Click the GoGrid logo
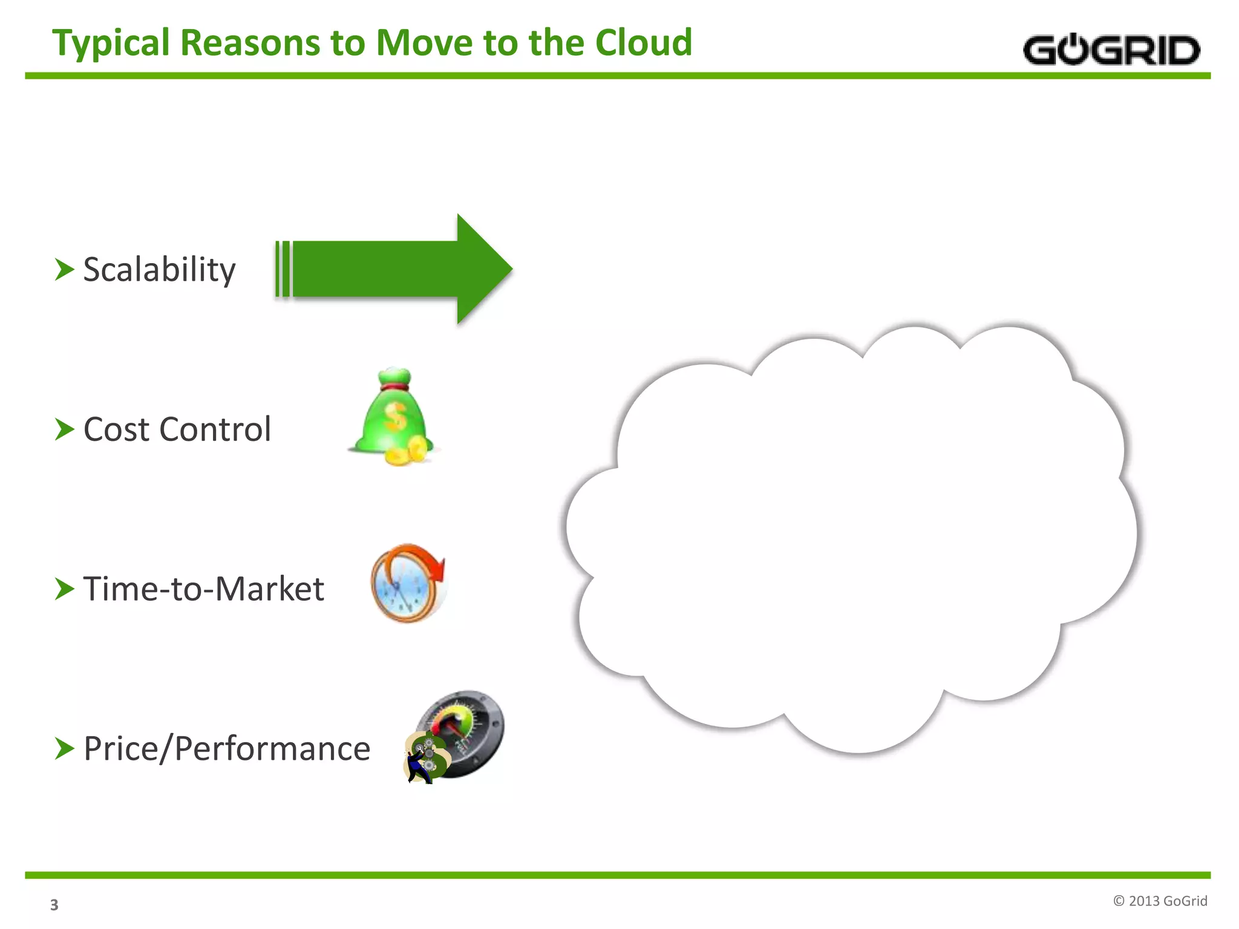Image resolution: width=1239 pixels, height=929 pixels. tap(1111, 50)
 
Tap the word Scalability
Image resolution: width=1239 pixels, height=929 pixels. tap(159, 270)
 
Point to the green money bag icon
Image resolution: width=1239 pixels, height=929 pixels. tap(391, 414)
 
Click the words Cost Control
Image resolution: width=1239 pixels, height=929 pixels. tap(177, 429)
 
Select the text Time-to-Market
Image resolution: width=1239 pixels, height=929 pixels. tap(203, 589)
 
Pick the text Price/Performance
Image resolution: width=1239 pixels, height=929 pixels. tap(227, 749)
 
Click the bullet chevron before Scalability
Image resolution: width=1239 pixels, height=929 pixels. tap(64, 270)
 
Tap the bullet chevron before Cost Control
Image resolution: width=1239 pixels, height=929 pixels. tap(64, 429)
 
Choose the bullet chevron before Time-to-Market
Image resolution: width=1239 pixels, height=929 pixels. tap(64, 589)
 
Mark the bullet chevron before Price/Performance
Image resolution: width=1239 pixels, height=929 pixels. tap(64, 749)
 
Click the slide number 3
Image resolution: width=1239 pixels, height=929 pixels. tap(54, 905)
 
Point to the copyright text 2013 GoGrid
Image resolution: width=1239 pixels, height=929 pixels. tap(1160, 901)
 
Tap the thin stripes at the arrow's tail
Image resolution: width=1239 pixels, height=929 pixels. tap(283, 269)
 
